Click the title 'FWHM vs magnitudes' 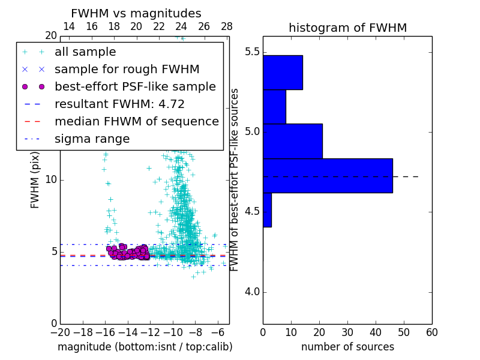click(x=136, y=13)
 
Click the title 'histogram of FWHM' click(x=347, y=28)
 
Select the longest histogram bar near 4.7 click(x=328, y=176)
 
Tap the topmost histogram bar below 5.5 click(x=283, y=73)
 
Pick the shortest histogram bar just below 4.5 click(x=267, y=210)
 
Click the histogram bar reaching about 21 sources click(x=292, y=141)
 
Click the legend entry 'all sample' click(x=85, y=52)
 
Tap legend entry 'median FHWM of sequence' click(x=136, y=121)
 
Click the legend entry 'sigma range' click(x=92, y=139)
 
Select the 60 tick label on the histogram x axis click(x=432, y=331)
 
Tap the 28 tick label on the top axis click(x=227, y=26)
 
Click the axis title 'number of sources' click(x=347, y=347)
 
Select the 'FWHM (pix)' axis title click(x=35, y=180)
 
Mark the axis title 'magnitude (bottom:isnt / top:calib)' click(x=145, y=347)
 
